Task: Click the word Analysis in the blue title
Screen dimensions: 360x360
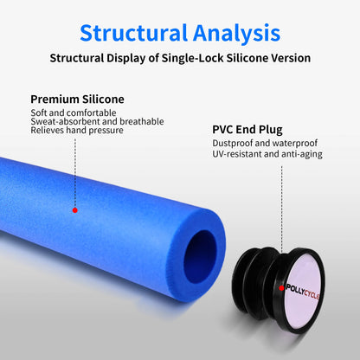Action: coord(236,33)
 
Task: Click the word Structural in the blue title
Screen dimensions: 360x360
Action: coord(134,33)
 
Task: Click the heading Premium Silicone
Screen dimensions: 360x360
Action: coord(77,100)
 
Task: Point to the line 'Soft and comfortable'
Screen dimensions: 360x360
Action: coord(74,112)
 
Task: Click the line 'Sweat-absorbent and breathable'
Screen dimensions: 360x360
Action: coord(97,121)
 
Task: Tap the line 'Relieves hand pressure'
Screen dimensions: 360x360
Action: coord(77,130)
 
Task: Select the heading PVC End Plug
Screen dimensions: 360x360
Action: coord(247,130)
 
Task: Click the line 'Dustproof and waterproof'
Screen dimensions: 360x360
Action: coord(265,143)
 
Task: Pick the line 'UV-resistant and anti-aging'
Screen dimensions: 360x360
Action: coord(267,154)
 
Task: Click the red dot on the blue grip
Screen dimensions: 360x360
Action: coord(75,210)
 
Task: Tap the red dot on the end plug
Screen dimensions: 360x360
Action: coord(281,288)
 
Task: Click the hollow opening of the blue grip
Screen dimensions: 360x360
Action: coord(200,256)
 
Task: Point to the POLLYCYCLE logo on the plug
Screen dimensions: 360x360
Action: coord(303,292)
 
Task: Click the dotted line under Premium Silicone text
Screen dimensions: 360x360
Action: coord(75,173)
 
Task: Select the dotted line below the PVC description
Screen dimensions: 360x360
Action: coord(282,225)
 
